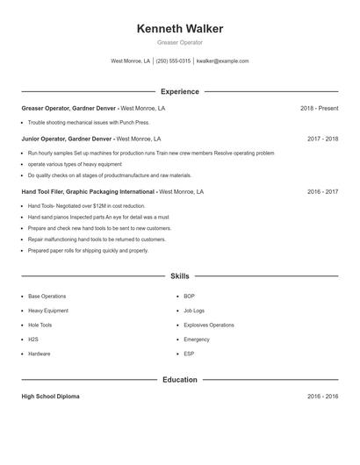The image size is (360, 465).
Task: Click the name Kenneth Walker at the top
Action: (x=180, y=29)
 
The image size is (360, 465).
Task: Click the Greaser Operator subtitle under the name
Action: (x=180, y=42)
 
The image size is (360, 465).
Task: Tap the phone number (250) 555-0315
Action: (x=173, y=61)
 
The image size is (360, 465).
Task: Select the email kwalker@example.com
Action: (x=223, y=61)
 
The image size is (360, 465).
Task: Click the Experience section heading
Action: (x=180, y=91)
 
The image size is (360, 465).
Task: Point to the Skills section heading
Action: (x=180, y=276)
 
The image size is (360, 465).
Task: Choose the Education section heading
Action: (x=180, y=380)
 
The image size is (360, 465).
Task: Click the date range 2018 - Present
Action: (x=319, y=109)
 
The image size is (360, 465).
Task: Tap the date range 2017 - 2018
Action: (x=322, y=139)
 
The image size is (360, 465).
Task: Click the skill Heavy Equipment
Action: (x=47, y=311)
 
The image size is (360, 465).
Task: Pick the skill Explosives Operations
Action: (x=209, y=325)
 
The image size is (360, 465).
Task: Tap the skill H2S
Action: (x=33, y=339)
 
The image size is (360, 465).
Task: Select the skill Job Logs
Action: (x=194, y=311)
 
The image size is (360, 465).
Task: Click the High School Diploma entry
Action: (x=50, y=397)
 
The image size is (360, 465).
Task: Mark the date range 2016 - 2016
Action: (x=322, y=397)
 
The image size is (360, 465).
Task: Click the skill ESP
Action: (x=189, y=354)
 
